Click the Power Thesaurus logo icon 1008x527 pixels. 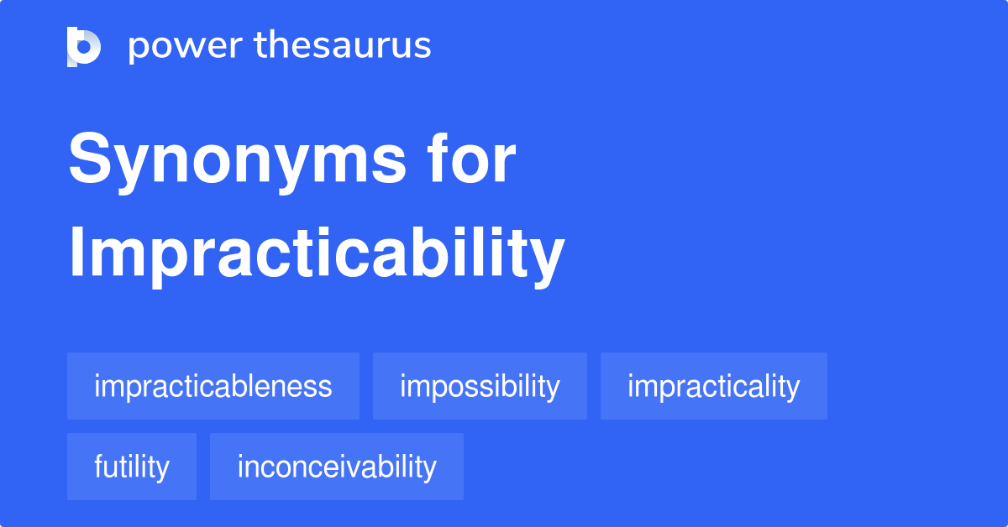click(84, 46)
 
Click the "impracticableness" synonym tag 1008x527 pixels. click(213, 386)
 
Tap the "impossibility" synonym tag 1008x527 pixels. click(480, 386)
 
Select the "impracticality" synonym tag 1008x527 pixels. click(713, 386)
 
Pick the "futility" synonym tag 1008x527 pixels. click(132, 467)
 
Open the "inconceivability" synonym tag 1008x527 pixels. click(337, 467)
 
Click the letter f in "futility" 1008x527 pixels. click(99, 466)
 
